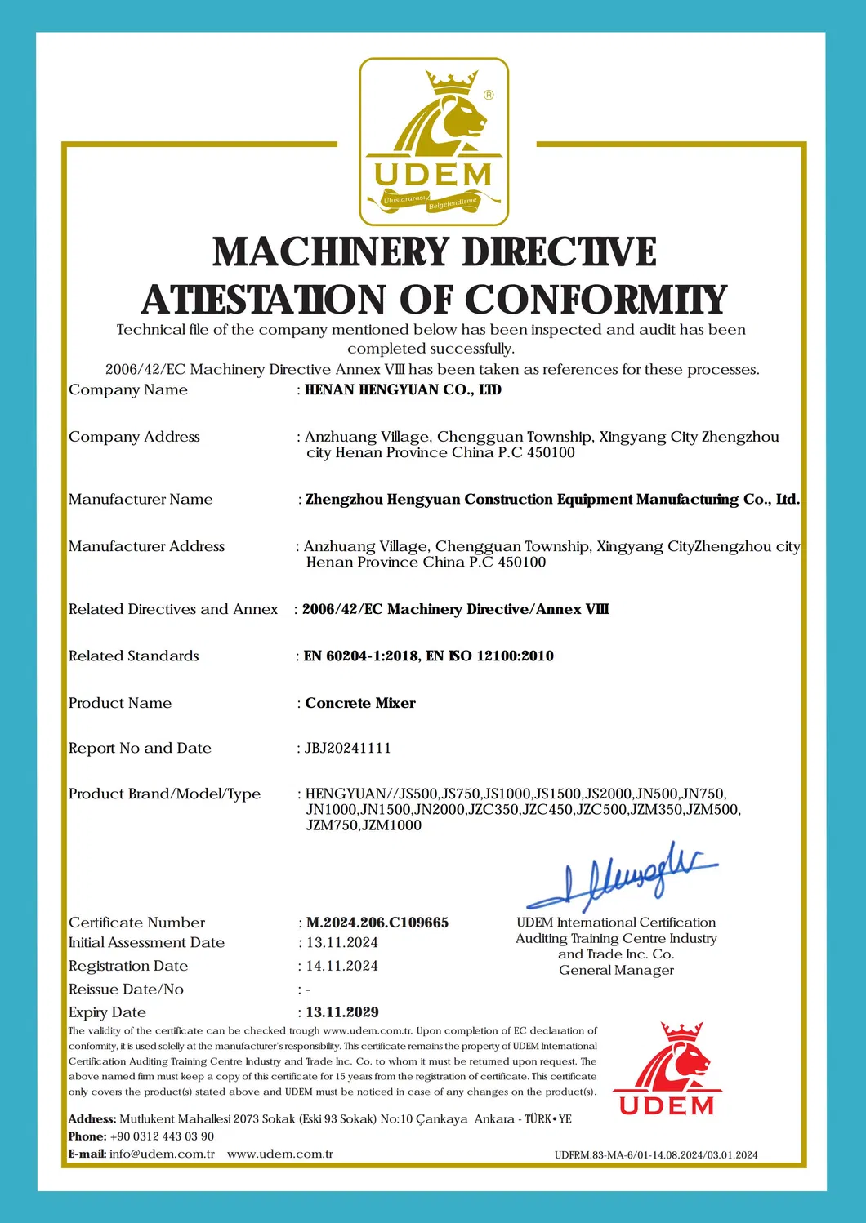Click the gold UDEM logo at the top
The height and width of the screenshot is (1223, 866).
pos(434,141)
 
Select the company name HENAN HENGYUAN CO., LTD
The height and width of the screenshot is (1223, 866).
pos(403,390)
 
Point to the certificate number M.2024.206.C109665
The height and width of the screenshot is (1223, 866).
pos(377,923)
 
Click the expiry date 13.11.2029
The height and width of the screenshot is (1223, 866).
pos(342,1012)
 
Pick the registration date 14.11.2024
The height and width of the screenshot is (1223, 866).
pos(342,966)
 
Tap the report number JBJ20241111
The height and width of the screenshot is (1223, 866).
pos(348,748)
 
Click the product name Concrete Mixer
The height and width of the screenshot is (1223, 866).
pos(360,703)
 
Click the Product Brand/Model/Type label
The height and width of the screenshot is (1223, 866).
pos(164,794)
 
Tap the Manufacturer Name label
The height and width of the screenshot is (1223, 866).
pos(141,499)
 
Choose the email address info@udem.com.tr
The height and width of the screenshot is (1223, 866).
pos(162,1154)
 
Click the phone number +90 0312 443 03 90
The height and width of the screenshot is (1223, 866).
pos(162,1136)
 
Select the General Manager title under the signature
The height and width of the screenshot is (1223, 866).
pos(616,970)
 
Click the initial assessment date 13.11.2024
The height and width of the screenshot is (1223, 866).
pos(342,942)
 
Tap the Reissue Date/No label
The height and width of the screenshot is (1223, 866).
pos(126,989)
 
